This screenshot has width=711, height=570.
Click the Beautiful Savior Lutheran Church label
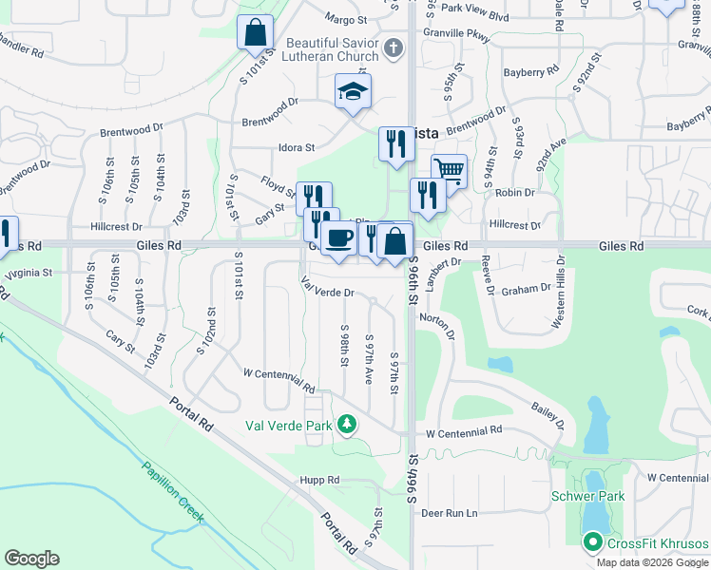click(x=333, y=49)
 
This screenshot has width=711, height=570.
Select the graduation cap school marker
click(x=353, y=92)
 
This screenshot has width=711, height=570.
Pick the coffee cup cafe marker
click(x=337, y=237)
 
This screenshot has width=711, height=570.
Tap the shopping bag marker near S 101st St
click(x=256, y=33)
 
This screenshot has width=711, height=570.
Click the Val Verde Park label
click(x=289, y=426)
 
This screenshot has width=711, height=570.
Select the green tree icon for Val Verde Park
click(x=348, y=423)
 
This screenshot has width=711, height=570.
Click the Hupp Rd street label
click(x=318, y=481)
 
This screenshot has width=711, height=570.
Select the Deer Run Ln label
click(x=449, y=513)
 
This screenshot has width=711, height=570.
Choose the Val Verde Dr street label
click(x=327, y=287)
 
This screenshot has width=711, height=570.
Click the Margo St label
click(x=345, y=20)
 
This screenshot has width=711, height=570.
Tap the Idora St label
click(x=296, y=147)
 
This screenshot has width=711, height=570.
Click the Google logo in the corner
click(x=31, y=559)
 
